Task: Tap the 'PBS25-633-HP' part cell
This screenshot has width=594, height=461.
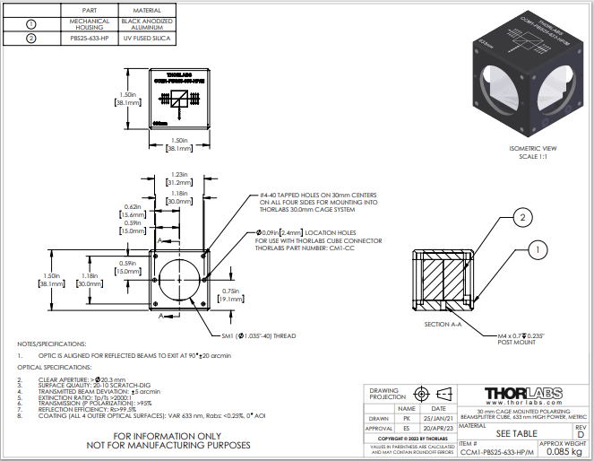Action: coord(89,38)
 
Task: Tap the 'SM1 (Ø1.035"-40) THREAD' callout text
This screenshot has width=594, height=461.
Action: coord(269,336)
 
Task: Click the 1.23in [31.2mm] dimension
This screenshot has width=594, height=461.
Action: coord(177,178)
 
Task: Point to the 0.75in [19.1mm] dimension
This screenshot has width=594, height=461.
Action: coord(232,295)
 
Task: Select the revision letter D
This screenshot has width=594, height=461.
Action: coord(580,435)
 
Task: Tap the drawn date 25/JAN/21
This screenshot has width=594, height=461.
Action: coord(439,417)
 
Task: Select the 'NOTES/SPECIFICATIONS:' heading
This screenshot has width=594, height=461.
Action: coord(52,344)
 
